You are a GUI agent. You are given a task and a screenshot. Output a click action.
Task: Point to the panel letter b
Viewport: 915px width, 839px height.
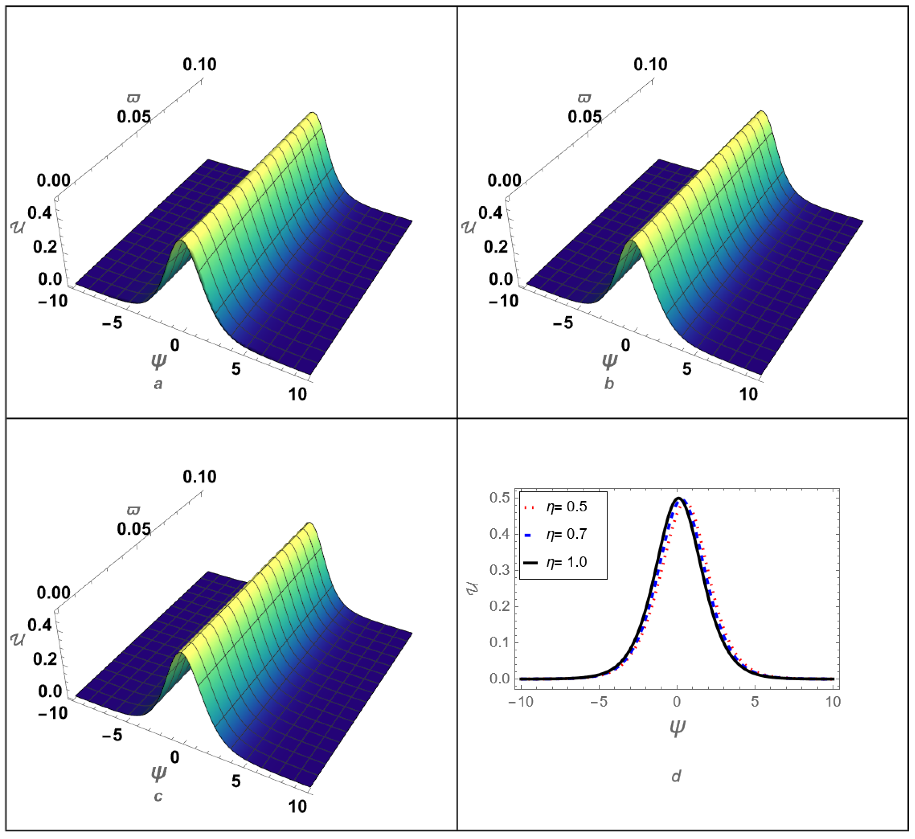point(609,384)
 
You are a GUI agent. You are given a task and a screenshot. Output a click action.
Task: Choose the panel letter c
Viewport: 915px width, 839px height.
point(158,796)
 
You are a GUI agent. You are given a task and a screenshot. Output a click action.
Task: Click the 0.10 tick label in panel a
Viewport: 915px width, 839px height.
point(200,64)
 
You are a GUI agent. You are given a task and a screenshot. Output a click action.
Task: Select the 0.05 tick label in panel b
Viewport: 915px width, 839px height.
point(585,117)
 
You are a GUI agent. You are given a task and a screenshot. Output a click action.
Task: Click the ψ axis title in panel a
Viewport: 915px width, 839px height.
point(159,361)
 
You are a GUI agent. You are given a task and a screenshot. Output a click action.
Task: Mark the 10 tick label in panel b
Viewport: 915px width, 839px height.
point(748,394)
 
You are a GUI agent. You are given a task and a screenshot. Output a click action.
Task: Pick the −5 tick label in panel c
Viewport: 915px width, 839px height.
point(112,735)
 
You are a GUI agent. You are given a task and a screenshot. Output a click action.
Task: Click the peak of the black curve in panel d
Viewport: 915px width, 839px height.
point(678,498)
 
